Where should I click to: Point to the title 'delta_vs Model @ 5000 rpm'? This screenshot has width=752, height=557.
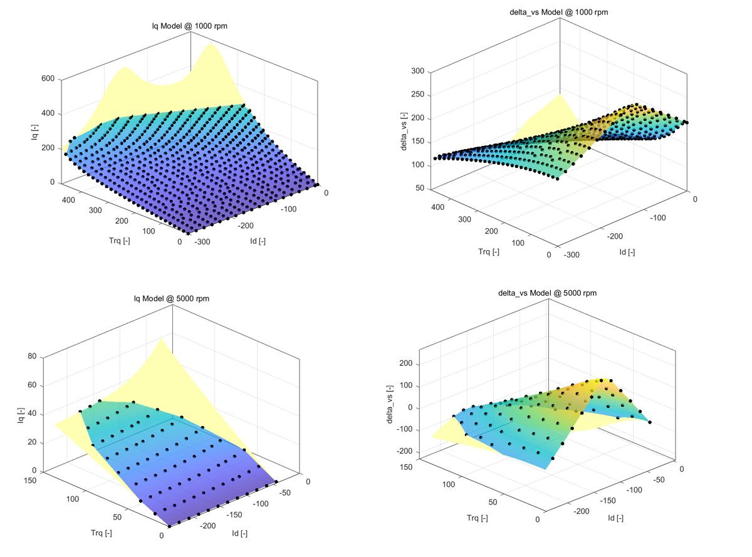[x=547, y=293]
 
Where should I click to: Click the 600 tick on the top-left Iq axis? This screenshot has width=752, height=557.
[x=48, y=79]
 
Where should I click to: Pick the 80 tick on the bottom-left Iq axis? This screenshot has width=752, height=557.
[x=31, y=357]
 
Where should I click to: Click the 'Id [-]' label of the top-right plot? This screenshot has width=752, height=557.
[x=627, y=252]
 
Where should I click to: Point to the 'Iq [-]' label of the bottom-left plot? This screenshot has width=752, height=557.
[x=21, y=414]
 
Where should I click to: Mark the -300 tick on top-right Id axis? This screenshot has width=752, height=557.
[x=571, y=255]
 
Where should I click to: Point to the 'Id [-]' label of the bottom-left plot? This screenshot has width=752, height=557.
[x=239, y=534]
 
